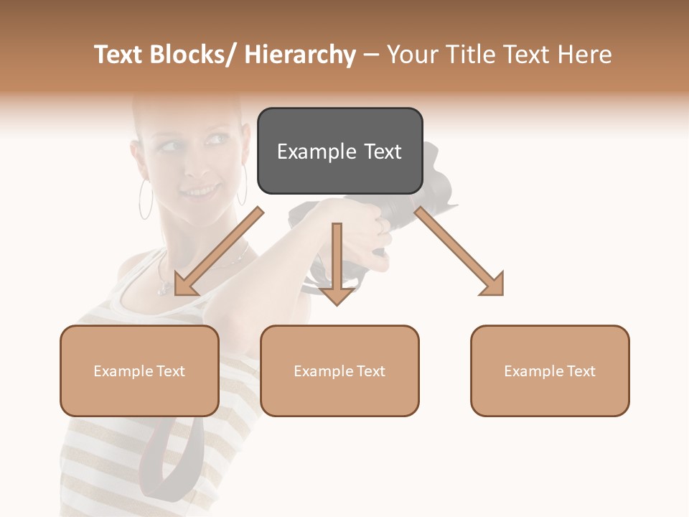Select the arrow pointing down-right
(x=460, y=251)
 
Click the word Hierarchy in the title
(x=300, y=55)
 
